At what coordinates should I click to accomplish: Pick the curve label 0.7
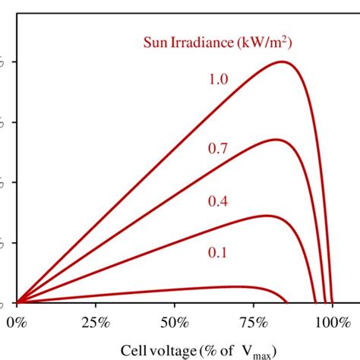coord(218,149)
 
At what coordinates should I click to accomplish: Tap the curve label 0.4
coord(218,201)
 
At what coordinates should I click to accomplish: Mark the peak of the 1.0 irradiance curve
coord(283,62)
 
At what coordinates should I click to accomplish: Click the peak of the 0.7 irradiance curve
coord(275,139)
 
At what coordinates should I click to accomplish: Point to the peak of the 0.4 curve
coord(266,216)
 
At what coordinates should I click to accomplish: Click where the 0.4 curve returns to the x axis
coord(316,302)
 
